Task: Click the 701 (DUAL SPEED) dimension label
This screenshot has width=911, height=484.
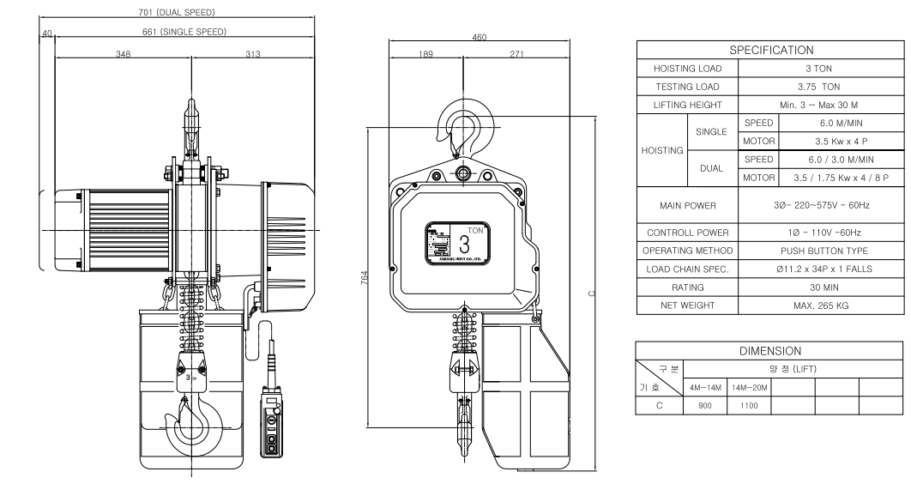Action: coord(172,13)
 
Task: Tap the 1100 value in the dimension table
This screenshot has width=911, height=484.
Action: coord(749,406)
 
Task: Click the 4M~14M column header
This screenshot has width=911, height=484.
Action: coord(705,388)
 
